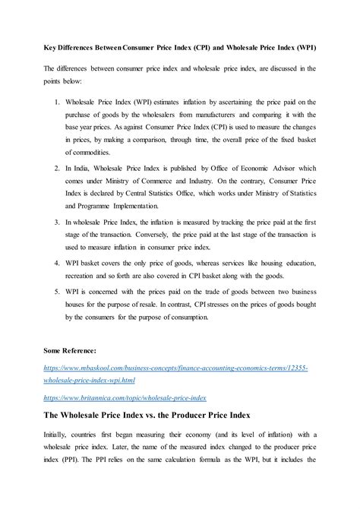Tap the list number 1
point(59,101)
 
